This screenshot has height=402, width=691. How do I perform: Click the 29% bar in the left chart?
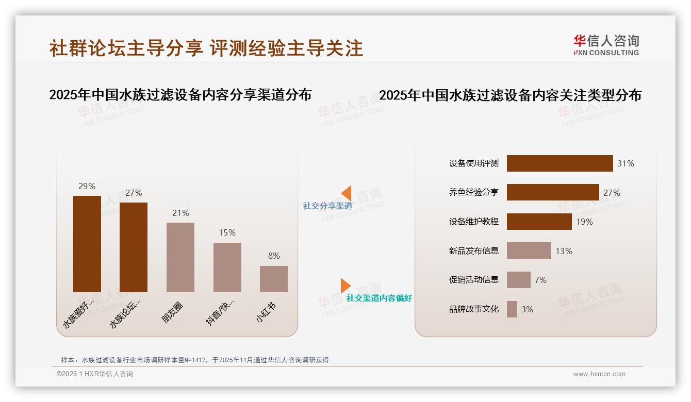click(87, 244)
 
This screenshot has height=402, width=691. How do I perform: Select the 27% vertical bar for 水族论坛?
click(134, 247)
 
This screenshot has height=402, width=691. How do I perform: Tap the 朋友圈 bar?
click(180, 257)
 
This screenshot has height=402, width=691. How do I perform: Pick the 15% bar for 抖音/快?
click(227, 267)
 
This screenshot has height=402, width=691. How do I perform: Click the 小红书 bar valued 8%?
click(274, 279)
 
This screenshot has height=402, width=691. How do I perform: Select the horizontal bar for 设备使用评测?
click(560, 163)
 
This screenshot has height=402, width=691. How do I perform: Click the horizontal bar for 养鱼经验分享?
click(553, 192)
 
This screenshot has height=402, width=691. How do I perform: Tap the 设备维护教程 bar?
click(539, 222)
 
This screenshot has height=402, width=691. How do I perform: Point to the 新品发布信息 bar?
click(529, 251)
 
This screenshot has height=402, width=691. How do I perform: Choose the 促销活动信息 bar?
click(518, 280)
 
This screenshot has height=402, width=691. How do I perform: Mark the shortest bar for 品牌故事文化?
click(512, 309)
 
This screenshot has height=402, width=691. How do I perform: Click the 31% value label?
click(626, 163)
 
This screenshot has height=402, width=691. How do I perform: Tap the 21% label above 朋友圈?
click(180, 213)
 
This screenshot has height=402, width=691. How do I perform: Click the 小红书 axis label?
click(266, 312)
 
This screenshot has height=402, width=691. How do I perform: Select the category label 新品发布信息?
click(473, 251)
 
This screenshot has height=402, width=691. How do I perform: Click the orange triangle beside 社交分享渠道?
click(347, 193)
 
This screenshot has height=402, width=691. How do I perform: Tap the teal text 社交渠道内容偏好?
click(379, 298)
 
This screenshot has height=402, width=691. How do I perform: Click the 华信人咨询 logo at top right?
click(606, 45)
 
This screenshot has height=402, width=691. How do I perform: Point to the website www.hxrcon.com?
click(599, 374)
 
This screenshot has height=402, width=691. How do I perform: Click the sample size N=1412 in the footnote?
click(193, 360)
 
